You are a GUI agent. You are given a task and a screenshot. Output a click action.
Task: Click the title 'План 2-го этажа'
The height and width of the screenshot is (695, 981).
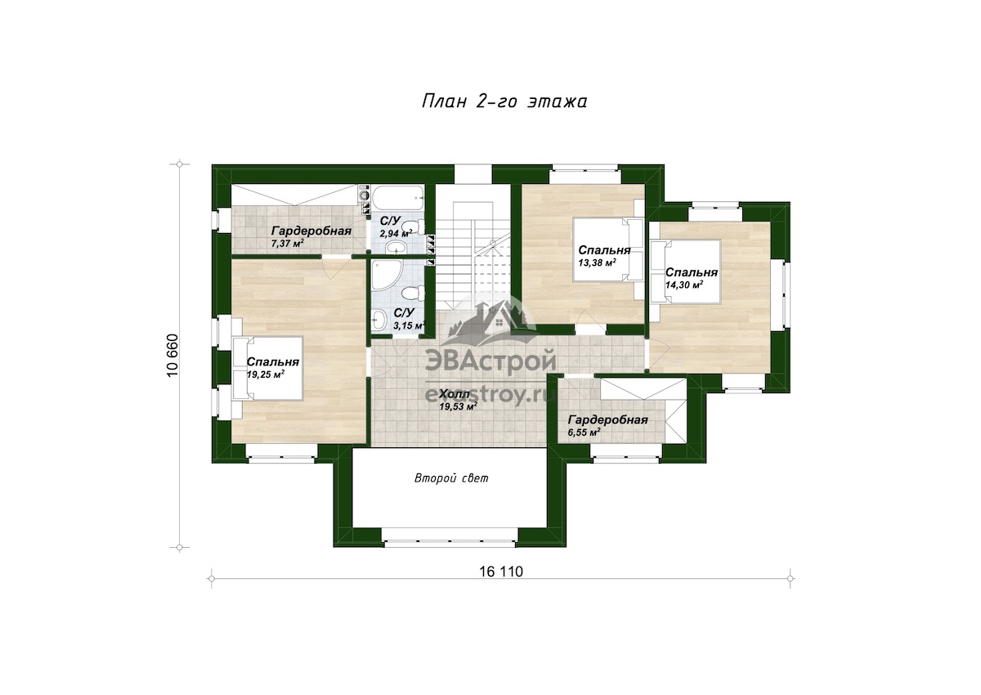[x=504, y=101]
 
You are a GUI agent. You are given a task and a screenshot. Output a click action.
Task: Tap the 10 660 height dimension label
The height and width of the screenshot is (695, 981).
[x=173, y=355]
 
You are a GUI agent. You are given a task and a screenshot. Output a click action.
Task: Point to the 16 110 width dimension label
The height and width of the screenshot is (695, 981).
[x=501, y=572]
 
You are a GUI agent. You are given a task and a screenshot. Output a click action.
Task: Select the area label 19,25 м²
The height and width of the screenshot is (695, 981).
[x=266, y=374]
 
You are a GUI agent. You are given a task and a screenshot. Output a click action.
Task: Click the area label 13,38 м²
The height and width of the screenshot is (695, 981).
[x=597, y=262]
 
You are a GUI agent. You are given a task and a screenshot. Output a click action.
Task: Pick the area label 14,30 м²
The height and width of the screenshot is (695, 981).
[x=684, y=285]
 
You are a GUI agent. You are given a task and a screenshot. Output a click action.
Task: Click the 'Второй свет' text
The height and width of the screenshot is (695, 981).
[x=451, y=478]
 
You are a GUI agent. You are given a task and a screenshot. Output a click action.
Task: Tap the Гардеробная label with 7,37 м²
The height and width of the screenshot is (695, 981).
[x=311, y=231]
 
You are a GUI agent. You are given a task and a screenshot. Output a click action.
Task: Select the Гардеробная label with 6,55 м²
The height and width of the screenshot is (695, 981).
[x=608, y=420]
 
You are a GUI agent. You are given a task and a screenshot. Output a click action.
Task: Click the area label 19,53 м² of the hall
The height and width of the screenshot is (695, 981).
[x=458, y=406]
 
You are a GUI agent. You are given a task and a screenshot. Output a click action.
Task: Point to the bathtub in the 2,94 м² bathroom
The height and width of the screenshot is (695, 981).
[x=398, y=197]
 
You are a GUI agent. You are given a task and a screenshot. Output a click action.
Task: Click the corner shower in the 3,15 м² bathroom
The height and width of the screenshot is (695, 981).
[x=384, y=275]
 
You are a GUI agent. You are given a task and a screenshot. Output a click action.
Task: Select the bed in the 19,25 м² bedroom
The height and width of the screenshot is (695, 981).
[x=267, y=368]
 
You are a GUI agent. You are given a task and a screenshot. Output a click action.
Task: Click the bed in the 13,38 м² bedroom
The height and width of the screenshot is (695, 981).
[x=607, y=249]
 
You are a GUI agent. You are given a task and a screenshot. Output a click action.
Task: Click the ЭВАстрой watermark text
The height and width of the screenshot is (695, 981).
[x=490, y=361]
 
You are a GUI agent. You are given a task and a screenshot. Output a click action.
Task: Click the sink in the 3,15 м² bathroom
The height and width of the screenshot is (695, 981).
[x=379, y=321]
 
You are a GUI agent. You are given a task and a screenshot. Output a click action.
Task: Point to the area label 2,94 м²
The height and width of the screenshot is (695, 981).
[x=396, y=233]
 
